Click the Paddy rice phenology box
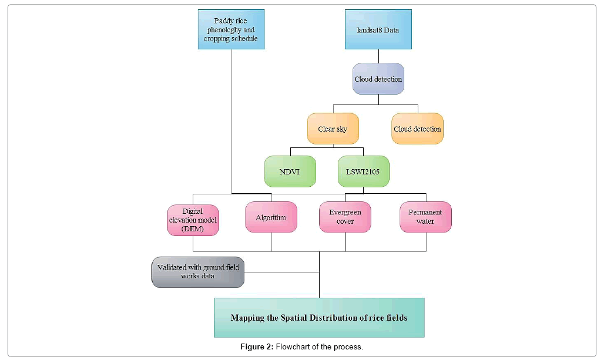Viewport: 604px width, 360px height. (x=230, y=29)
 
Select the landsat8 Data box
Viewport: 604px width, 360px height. (x=378, y=29)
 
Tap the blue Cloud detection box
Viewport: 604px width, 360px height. (x=378, y=79)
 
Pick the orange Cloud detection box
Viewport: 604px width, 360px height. (x=417, y=129)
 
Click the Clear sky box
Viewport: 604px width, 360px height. (x=333, y=129)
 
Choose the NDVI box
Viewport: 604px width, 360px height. (x=290, y=171)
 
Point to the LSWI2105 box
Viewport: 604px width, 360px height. (x=364, y=171)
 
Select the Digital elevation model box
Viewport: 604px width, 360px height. (x=193, y=220)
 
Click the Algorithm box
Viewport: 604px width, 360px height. (x=271, y=217)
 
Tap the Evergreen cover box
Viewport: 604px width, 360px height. (x=345, y=217)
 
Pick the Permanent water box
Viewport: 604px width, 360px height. (x=425, y=217)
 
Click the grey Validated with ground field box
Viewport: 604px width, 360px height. (x=197, y=272)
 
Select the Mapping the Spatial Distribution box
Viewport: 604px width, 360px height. (x=318, y=318)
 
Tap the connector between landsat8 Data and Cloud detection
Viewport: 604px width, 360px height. (x=378, y=56)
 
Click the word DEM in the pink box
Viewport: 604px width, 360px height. (x=193, y=229)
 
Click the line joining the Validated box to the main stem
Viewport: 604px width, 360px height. (x=282, y=272)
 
